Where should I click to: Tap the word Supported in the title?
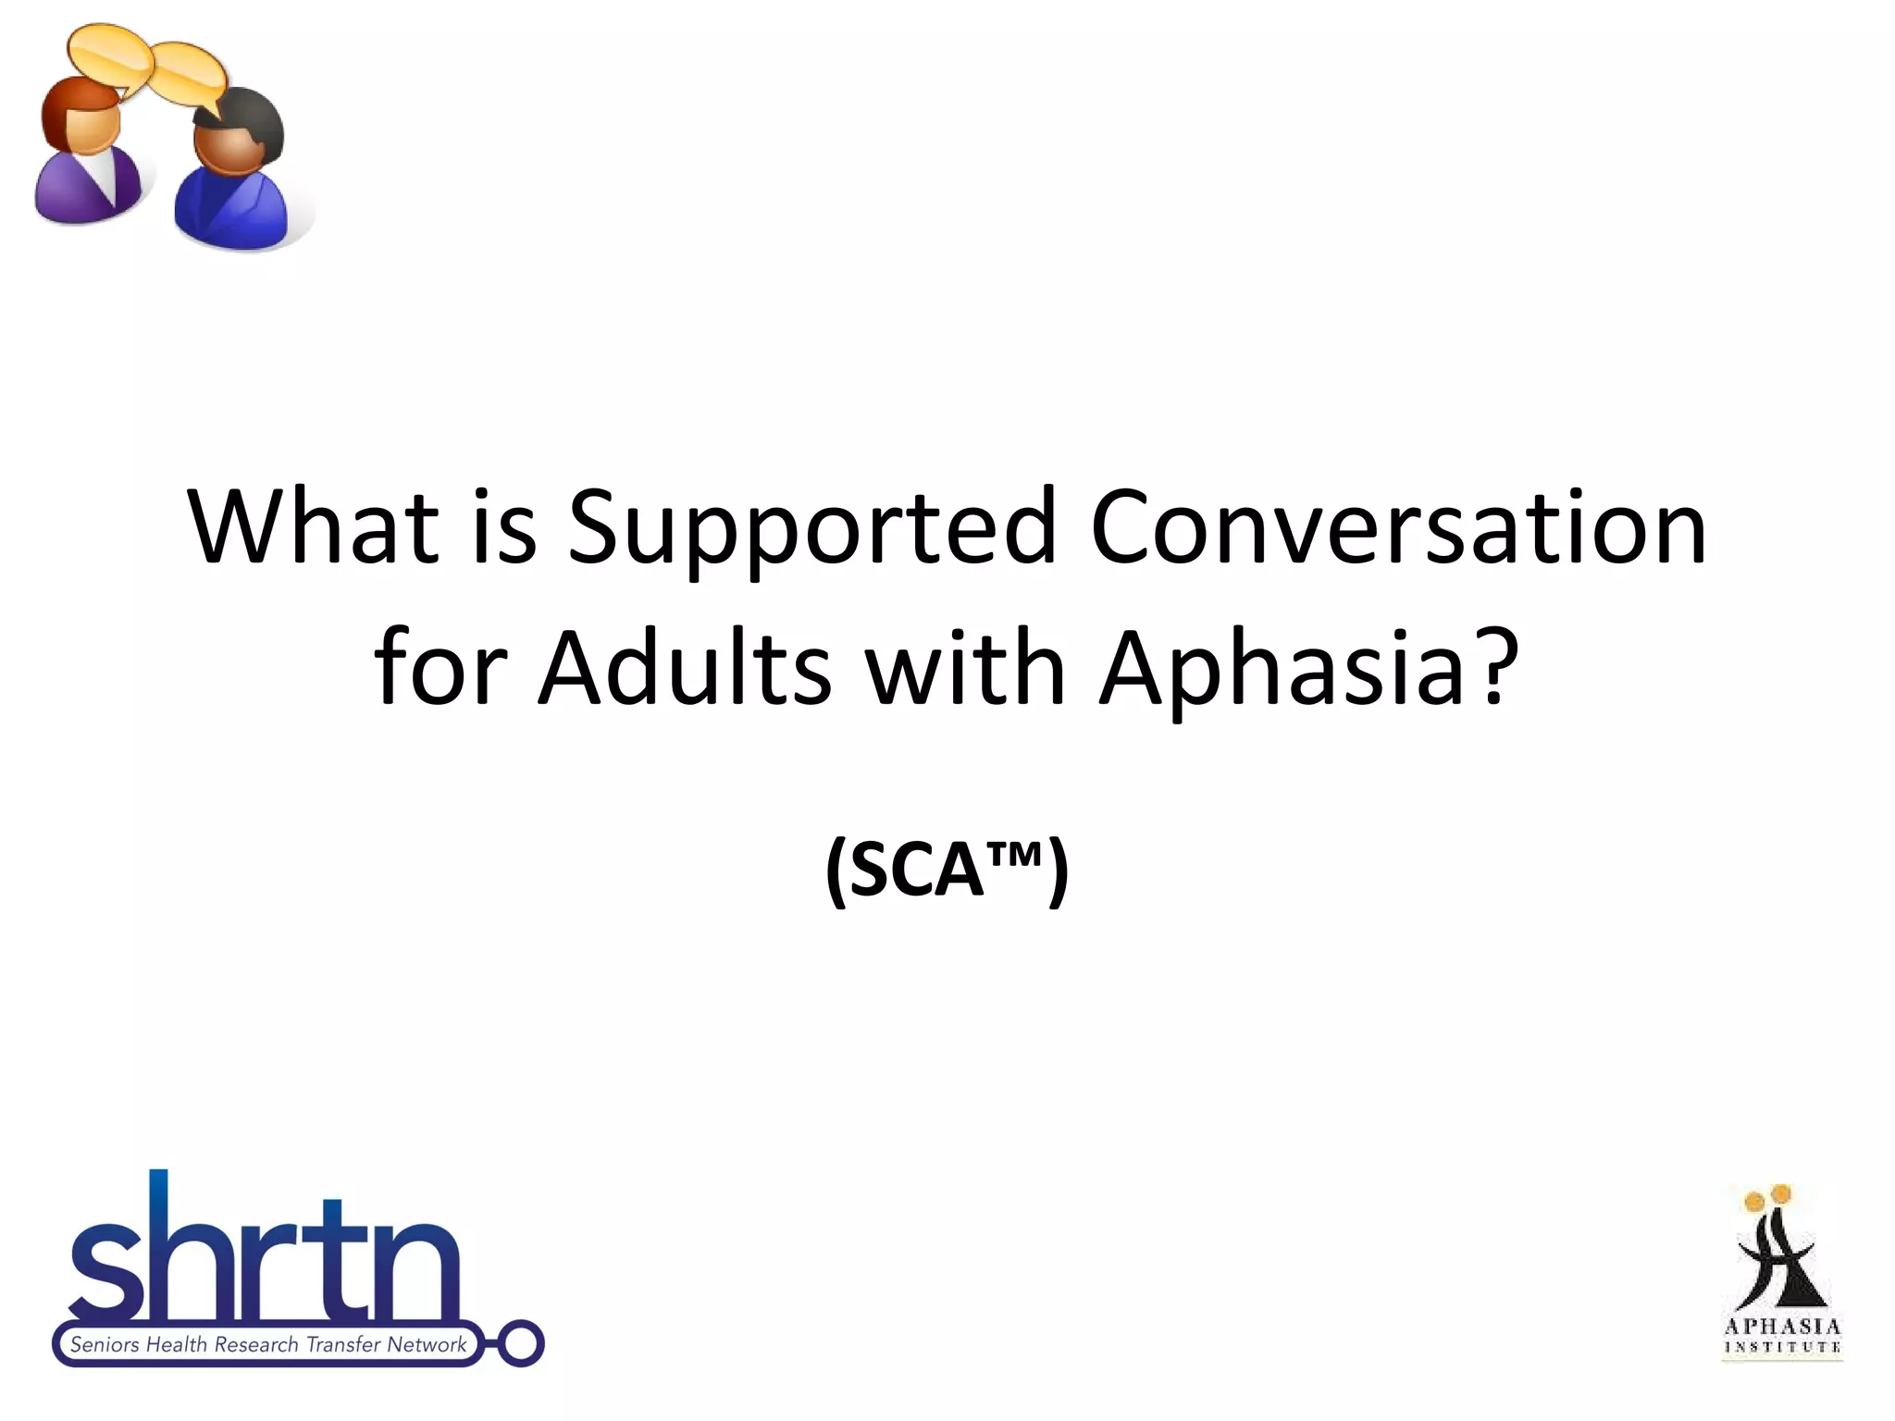tap(811, 527)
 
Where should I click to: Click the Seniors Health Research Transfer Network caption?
tap(268, 1344)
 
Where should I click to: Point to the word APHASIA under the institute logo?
tap(1782, 1327)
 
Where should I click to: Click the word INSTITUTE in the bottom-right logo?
tap(1782, 1347)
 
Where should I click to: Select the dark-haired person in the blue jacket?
tap(233, 176)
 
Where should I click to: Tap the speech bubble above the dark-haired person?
tap(190, 76)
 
